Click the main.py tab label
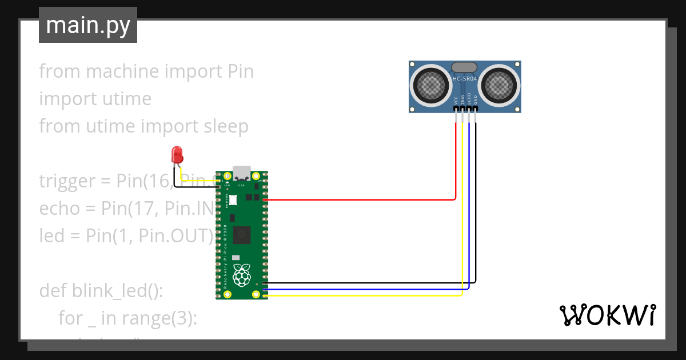point(87,25)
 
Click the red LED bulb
point(177,153)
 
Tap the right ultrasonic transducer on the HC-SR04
point(499,86)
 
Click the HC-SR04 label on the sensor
point(465,79)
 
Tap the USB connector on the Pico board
point(241,173)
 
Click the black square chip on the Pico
point(242,234)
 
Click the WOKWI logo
point(607,315)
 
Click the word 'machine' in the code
point(122,71)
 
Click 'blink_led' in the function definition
point(109,291)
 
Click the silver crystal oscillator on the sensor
point(464,67)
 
